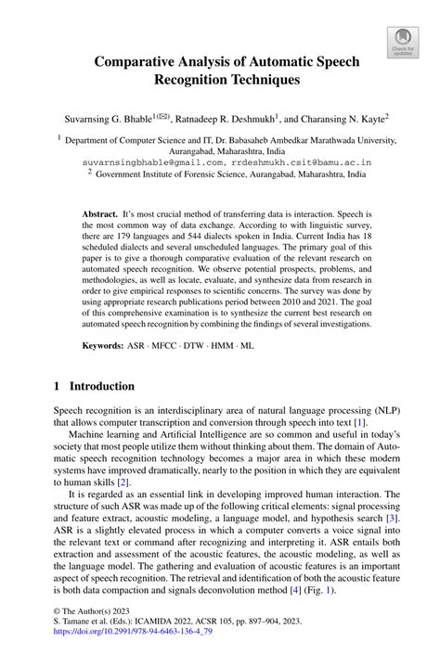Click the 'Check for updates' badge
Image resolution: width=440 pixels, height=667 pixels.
click(403, 41)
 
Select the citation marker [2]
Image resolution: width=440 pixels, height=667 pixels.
click(123, 483)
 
